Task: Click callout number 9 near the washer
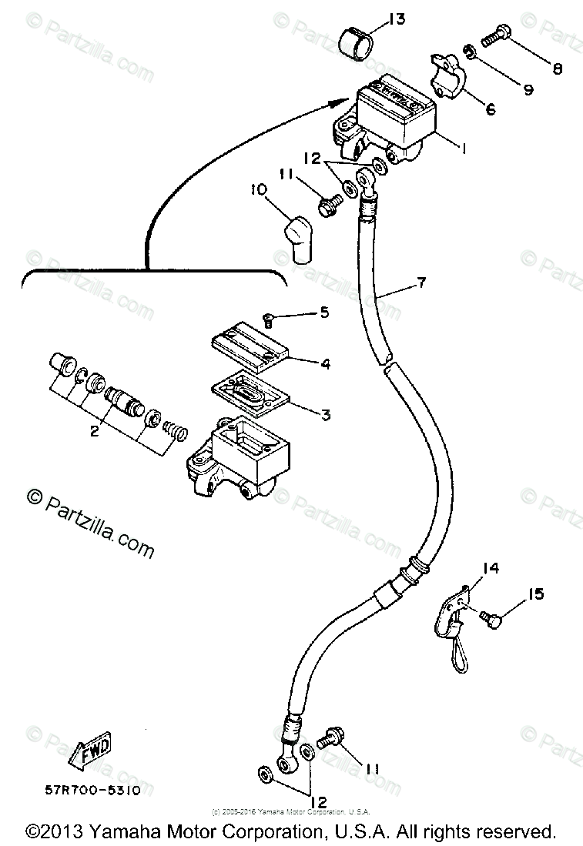pos(528,90)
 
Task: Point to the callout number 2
pos(94,432)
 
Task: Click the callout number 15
pos(536,594)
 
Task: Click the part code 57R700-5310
pos(92,791)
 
